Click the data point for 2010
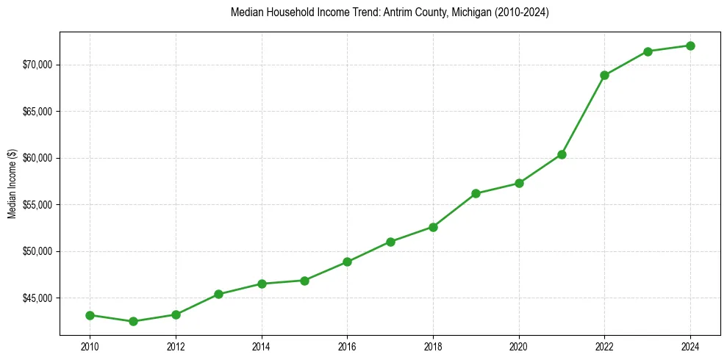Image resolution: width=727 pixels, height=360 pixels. (x=90, y=315)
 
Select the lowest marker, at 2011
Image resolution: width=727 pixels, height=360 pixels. (x=133, y=321)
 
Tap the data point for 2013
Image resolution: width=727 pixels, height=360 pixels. (x=218, y=294)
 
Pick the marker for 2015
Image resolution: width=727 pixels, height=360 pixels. (x=304, y=280)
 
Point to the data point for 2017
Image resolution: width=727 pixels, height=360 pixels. (x=390, y=242)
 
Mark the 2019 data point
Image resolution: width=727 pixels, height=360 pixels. (x=476, y=193)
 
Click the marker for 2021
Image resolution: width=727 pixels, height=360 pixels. (x=562, y=154)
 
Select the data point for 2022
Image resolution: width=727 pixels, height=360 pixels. (x=604, y=75)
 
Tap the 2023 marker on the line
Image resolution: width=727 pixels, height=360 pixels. (x=648, y=51)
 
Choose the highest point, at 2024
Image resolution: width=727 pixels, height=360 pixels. (x=690, y=46)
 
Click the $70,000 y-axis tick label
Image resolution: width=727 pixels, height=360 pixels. (x=38, y=65)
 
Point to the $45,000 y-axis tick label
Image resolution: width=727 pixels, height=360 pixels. (x=38, y=298)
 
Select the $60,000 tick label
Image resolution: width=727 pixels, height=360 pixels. (x=38, y=158)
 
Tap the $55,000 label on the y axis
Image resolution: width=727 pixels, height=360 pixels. (x=38, y=205)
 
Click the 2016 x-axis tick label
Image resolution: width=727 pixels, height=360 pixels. (x=347, y=346)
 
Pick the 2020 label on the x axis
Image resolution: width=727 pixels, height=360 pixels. (x=519, y=346)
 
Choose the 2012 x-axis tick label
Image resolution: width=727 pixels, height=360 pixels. (x=176, y=346)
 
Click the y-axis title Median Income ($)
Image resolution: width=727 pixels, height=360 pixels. (x=12, y=184)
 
